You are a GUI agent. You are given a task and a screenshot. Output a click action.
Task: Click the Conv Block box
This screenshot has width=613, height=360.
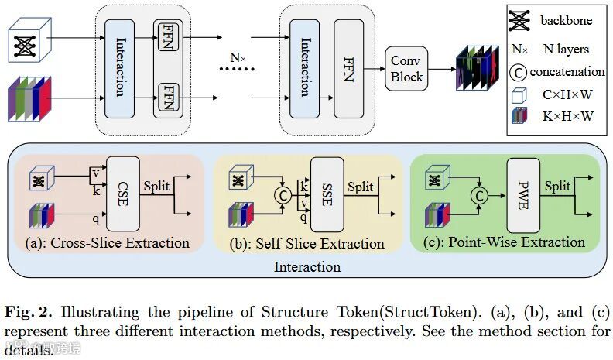click(406, 68)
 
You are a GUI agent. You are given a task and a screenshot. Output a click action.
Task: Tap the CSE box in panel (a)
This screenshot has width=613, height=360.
click(122, 194)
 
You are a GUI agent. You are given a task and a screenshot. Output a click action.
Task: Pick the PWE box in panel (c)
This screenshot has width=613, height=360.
click(522, 194)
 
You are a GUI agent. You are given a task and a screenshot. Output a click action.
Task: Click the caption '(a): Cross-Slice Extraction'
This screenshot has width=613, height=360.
click(107, 242)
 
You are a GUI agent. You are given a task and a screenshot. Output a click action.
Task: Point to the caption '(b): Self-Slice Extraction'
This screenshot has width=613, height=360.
click(307, 243)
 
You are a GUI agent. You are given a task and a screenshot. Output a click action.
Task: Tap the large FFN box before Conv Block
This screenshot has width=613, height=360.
click(348, 67)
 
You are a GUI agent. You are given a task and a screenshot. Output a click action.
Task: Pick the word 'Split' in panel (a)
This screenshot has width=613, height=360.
click(157, 186)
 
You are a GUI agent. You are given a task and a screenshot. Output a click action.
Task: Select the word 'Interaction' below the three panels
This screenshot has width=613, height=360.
click(306, 267)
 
